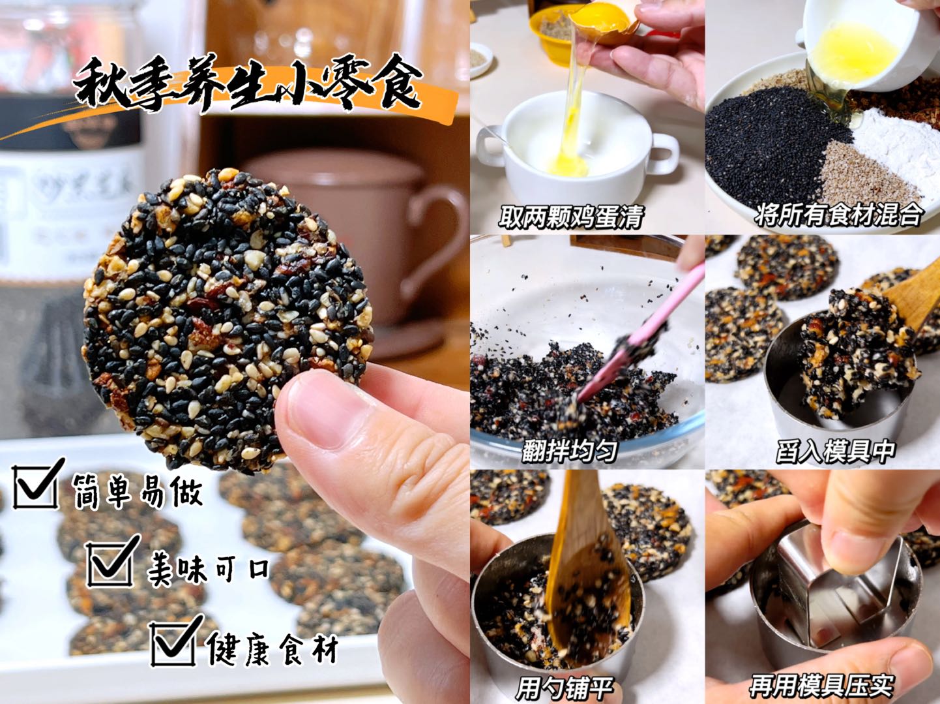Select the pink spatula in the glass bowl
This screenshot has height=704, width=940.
(x=626, y=352)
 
